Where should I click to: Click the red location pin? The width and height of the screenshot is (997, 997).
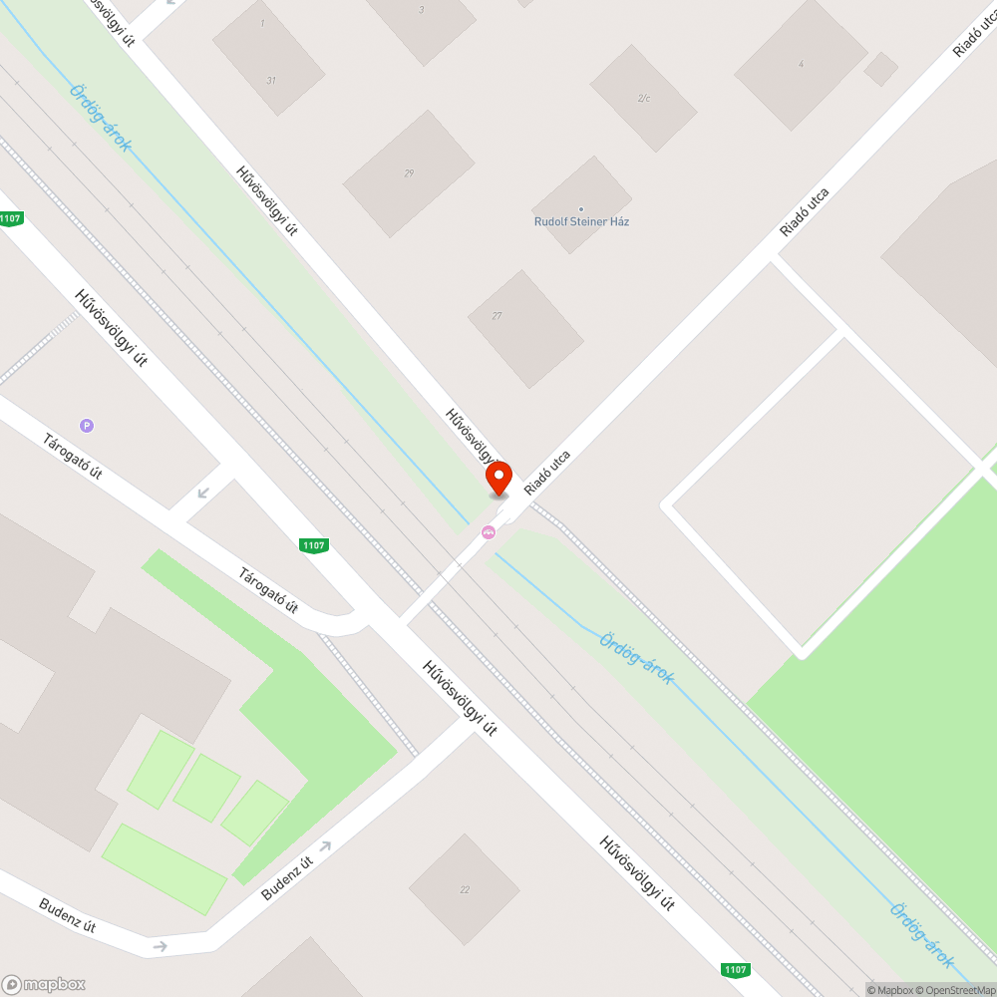pos(498,478)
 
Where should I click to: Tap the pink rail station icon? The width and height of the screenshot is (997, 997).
pos(489,532)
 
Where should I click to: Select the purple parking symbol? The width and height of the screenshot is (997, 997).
pos(88,426)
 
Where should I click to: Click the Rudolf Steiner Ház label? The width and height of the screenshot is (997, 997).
pos(581,221)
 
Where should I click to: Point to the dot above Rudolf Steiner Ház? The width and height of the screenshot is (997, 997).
pos(581,208)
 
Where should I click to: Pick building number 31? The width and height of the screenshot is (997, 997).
pos(270,80)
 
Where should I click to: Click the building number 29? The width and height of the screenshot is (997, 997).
pos(409,173)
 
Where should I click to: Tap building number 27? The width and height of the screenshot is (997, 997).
pos(497,316)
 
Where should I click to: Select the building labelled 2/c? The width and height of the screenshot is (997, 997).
pos(643,98)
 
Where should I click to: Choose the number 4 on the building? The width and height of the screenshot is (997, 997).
pos(801,64)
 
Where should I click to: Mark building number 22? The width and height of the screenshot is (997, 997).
pos(465,889)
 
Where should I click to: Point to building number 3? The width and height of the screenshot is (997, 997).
pos(421,10)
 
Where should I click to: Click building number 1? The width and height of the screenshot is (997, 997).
pos(262,23)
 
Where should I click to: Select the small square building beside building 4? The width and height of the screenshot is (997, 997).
pos(880,69)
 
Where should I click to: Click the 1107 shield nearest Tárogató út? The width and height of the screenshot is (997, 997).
pos(314,545)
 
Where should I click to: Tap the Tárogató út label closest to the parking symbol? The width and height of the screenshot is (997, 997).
pos(72,456)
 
